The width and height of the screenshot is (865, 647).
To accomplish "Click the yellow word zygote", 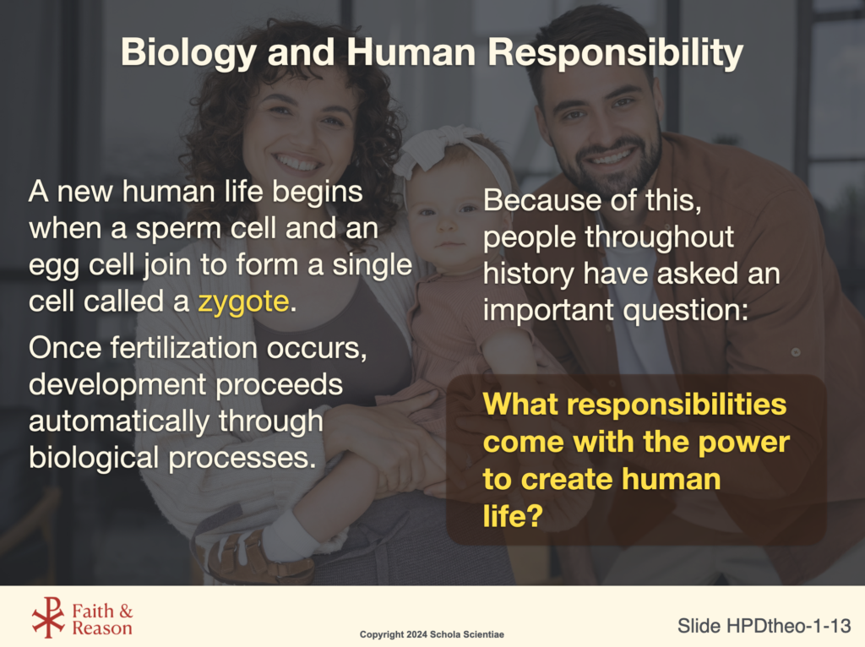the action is click(243, 302).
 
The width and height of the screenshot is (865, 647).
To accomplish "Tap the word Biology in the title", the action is click(188, 54).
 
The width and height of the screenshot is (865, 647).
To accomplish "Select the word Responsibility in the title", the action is click(615, 54).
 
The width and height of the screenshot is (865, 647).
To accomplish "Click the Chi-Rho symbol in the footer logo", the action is click(48, 617).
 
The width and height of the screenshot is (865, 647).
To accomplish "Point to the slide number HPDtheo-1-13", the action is click(789, 626).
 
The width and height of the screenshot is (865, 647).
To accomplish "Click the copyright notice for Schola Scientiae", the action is click(432, 634).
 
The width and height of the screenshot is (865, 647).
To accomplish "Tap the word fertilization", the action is click(183, 348).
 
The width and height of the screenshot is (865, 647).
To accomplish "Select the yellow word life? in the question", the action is click(513, 516).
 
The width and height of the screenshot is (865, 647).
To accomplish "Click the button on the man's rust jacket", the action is click(796, 351).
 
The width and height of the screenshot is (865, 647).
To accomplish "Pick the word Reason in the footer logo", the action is click(102, 628).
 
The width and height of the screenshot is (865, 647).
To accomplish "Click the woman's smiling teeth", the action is click(297, 163).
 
